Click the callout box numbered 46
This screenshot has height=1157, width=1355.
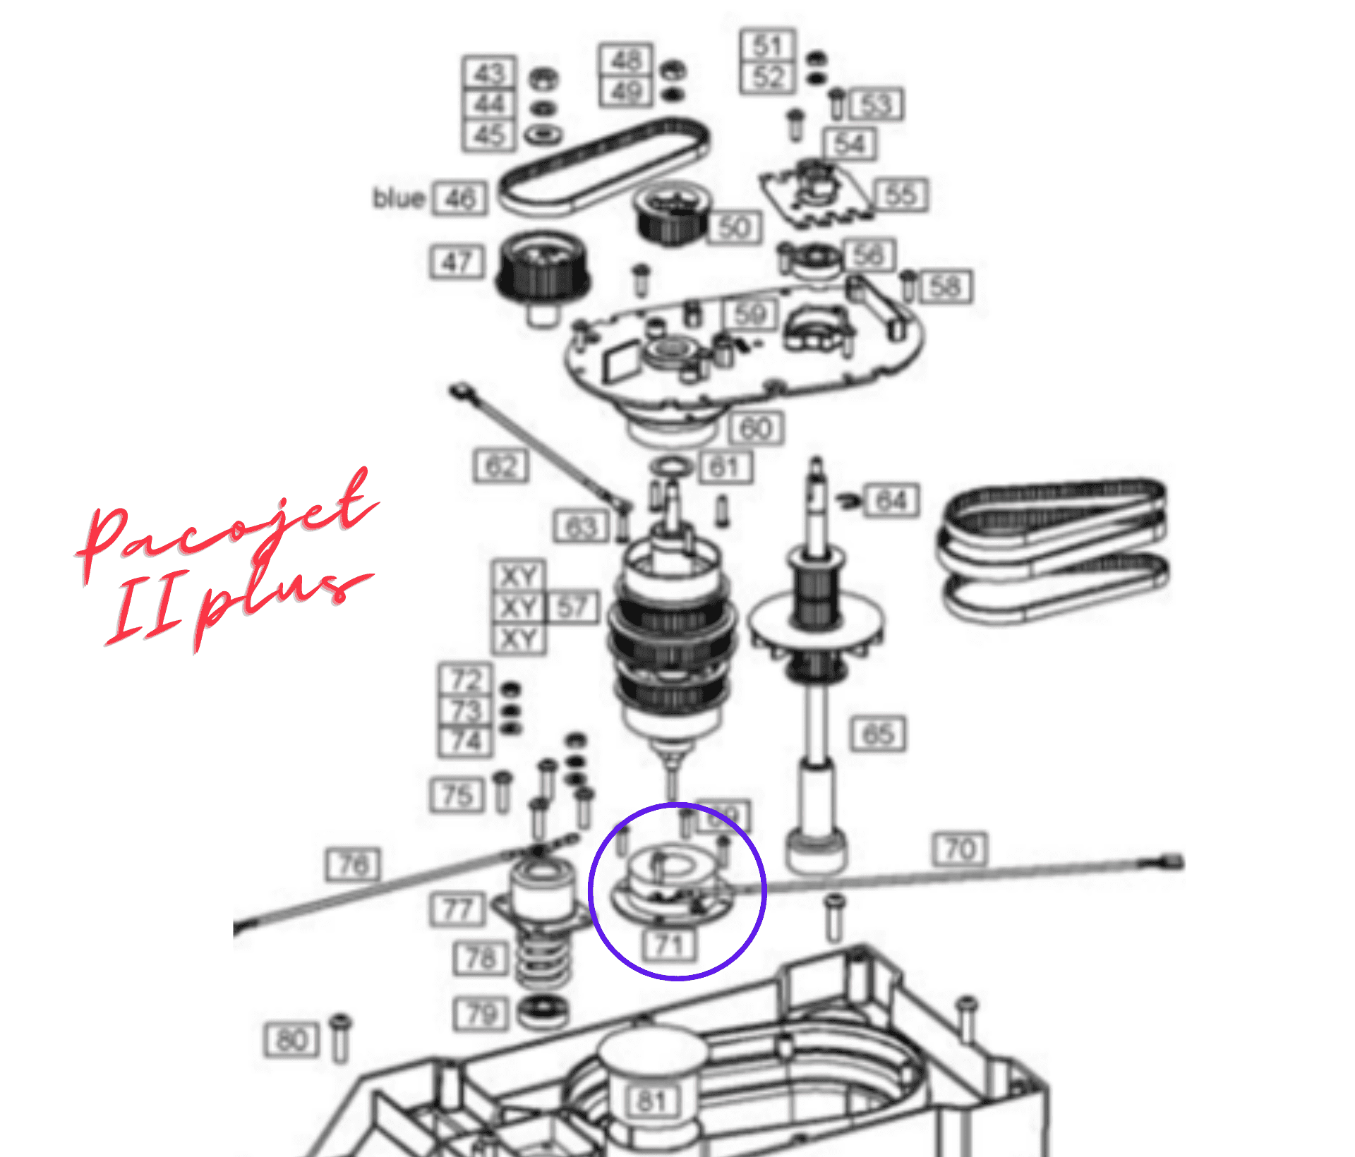tap(460, 198)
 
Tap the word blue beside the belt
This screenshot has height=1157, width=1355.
tap(399, 198)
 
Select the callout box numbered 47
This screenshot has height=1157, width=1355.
tap(457, 262)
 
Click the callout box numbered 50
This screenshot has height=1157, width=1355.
tap(735, 228)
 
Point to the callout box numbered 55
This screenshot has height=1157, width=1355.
tap(901, 195)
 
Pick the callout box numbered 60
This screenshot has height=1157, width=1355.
tap(755, 428)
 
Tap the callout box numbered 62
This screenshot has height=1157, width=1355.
tap(501, 466)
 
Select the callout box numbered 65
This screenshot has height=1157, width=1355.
tap(878, 734)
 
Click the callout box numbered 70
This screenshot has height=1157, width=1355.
tap(960, 849)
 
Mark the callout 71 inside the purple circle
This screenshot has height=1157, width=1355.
tap(669, 944)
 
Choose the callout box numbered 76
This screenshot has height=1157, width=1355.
tap(353, 864)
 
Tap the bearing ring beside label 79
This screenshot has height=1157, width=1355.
tap(542, 1012)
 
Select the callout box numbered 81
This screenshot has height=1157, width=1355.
tap(651, 1101)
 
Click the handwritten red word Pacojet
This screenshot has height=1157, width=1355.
tap(226, 522)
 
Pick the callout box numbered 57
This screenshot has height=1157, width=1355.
tap(572, 607)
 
